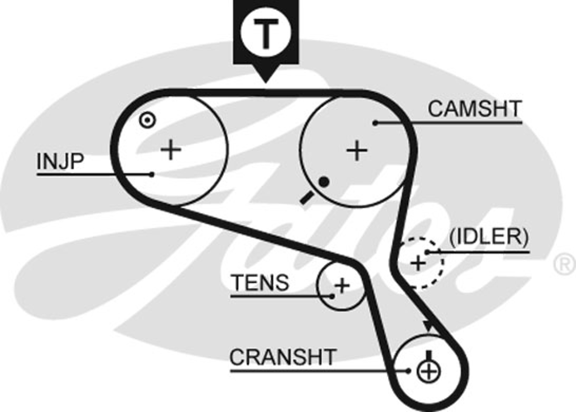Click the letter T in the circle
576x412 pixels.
tap(266, 34)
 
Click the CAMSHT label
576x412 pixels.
tap(474, 109)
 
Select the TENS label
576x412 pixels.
tap(260, 282)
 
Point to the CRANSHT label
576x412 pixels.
tap(283, 357)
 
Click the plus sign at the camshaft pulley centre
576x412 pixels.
tap(357, 151)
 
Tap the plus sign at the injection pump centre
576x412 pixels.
tap(171, 150)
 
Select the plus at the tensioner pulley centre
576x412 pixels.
tap(342, 285)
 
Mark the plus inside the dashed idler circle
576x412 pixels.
tap(418, 263)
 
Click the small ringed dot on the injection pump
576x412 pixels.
tap(147, 120)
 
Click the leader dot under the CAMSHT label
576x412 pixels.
tap(376, 123)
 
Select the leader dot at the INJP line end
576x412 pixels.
tap(152, 174)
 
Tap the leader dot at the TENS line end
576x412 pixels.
tap(332, 296)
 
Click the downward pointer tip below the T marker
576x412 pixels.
tap(266, 83)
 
